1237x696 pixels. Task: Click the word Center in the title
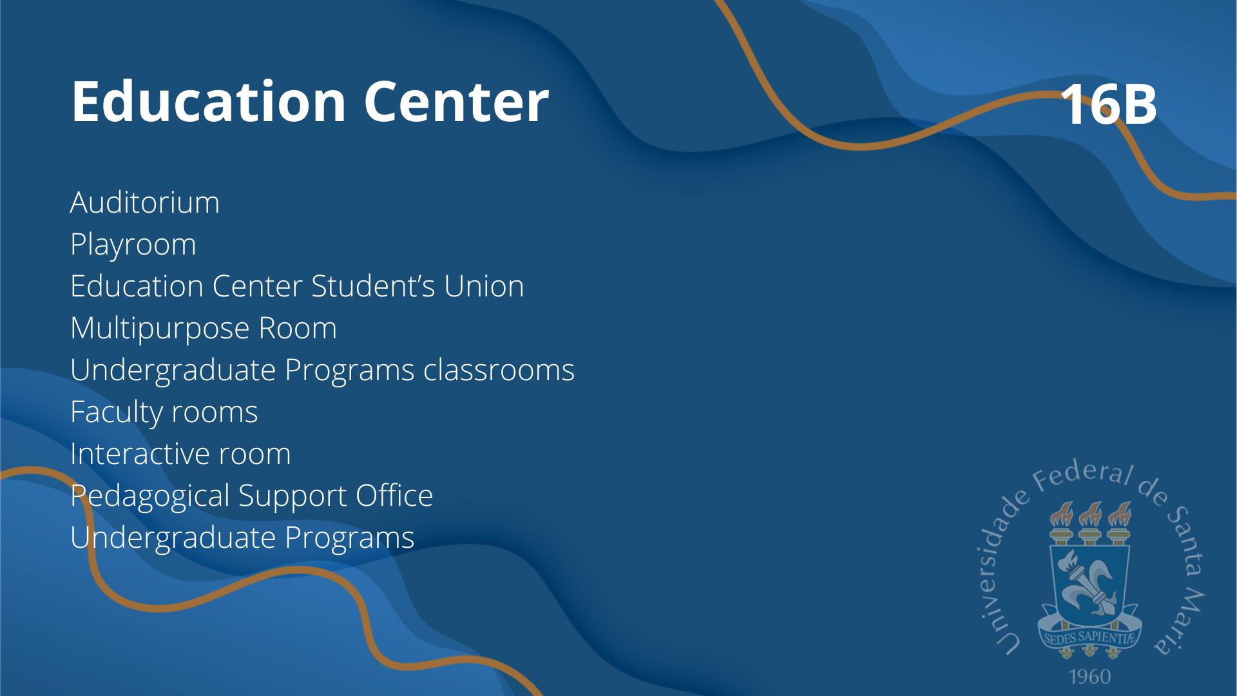tap(456, 101)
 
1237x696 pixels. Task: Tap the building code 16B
tap(1108, 104)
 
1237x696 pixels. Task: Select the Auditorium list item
tap(145, 202)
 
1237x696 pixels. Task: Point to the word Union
tap(484, 286)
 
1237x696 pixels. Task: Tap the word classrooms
tap(499, 370)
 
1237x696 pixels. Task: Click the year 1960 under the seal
tap(1090, 677)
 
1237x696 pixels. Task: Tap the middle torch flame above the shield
tap(1089, 514)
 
